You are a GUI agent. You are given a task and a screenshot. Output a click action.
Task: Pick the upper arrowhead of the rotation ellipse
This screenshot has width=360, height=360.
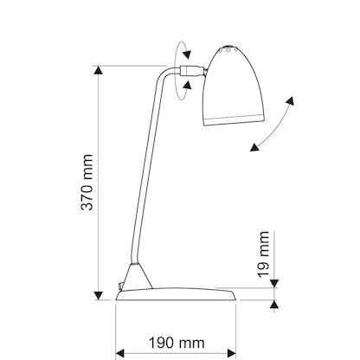pyautogui.click(x=184, y=54)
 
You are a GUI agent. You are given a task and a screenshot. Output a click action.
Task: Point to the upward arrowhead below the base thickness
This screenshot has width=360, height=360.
pyautogui.click(x=276, y=304)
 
